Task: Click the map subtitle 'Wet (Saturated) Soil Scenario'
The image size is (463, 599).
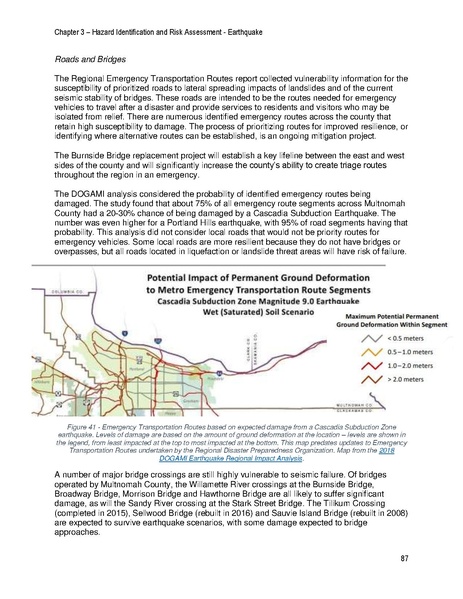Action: coord(235,309)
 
